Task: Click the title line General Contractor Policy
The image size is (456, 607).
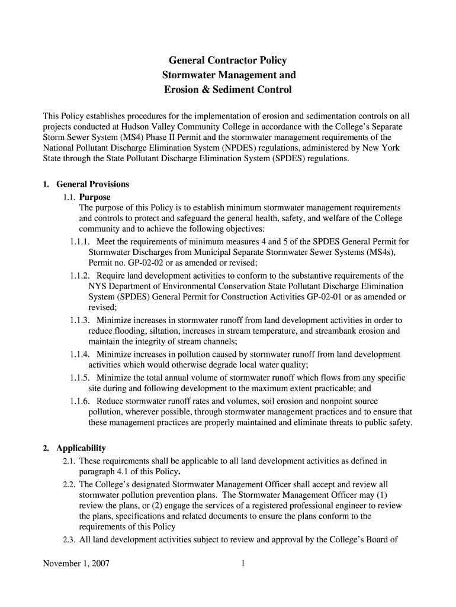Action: pyautogui.click(x=228, y=60)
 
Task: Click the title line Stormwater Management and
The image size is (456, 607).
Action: pyautogui.click(x=228, y=75)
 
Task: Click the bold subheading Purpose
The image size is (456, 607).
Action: pyautogui.click(x=95, y=197)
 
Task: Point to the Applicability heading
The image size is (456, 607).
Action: pyautogui.click(x=81, y=448)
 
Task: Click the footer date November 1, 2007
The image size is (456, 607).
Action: pyautogui.click(x=75, y=564)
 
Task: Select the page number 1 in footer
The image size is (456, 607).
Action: pyautogui.click(x=243, y=564)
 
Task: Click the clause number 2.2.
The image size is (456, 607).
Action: pyautogui.click(x=68, y=484)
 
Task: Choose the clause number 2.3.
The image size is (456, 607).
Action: pyautogui.click(x=68, y=539)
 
